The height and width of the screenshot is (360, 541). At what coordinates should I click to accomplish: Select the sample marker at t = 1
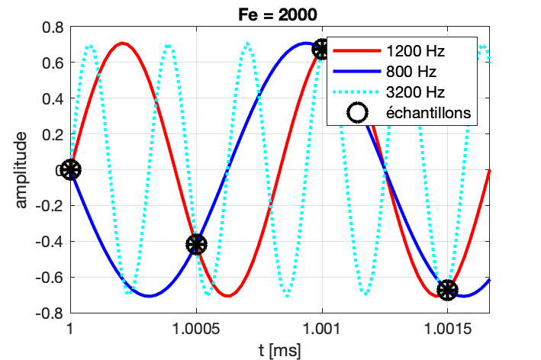pyautogui.click(x=70, y=169)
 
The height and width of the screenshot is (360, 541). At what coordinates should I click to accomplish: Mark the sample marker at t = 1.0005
pyautogui.click(x=196, y=244)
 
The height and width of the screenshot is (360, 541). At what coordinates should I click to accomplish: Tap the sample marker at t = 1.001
pyautogui.click(x=321, y=50)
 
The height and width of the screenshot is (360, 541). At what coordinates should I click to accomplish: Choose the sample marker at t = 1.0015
pyautogui.click(x=447, y=290)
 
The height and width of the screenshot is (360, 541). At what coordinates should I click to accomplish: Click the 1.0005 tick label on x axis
pyautogui.click(x=196, y=329)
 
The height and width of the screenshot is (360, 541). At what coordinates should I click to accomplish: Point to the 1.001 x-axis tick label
pyautogui.click(x=321, y=329)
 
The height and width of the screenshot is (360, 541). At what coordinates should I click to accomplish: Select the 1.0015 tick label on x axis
pyautogui.click(x=447, y=329)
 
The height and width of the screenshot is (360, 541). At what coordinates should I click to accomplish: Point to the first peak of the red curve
pyautogui.click(x=122, y=43)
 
